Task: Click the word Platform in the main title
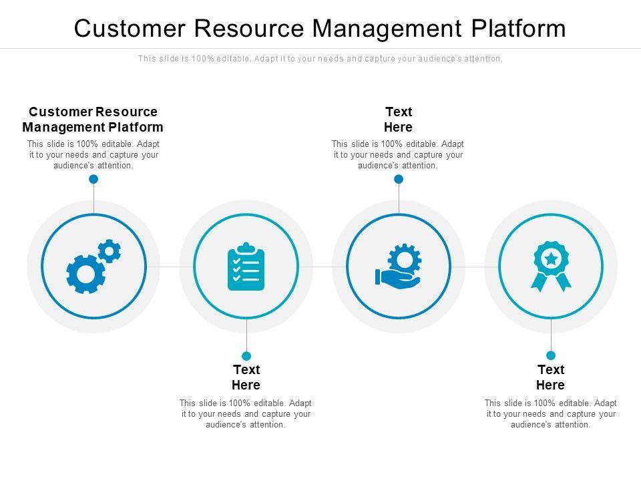tap(518, 28)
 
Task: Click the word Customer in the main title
tap(130, 28)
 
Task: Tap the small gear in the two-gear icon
tap(109, 251)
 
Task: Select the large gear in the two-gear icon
tap(86, 274)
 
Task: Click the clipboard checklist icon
tap(246, 267)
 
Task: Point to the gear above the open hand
tap(405, 260)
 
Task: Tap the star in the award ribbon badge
tap(551, 259)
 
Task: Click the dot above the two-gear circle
tap(93, 179)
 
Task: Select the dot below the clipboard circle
tap(246, 356)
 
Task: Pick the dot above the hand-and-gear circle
tap(399, 179)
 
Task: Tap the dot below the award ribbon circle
tap(551, 355)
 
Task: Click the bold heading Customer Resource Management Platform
tap(93, 120)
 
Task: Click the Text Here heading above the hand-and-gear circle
tap(399, 120)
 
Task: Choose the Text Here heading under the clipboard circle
tap(246, 377)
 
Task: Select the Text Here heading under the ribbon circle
tap(551, 377)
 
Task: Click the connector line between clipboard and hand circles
tap(323, 267)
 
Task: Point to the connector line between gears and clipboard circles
tap(170, 267)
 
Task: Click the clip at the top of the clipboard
tap(246, 247)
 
